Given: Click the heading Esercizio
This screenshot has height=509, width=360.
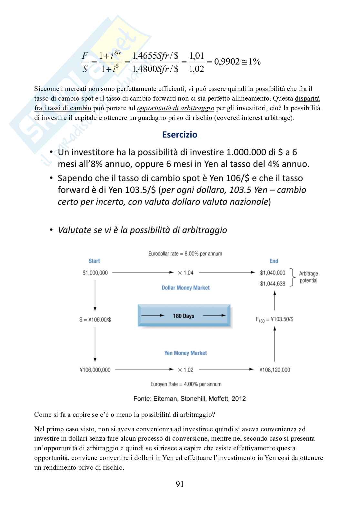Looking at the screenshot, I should [180, 134].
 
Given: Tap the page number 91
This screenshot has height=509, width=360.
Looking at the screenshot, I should [180, 484].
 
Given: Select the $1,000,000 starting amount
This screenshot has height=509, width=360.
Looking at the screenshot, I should [95, 273].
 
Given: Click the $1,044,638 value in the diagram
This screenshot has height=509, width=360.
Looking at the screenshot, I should [273, 284].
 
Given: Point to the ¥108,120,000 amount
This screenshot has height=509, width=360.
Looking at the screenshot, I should [275, 370].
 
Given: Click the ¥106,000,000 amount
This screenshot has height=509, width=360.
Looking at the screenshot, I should [95, 370].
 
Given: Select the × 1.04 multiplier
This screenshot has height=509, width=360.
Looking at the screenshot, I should [185, 273].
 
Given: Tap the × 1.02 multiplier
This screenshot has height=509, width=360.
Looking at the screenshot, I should [185, 370].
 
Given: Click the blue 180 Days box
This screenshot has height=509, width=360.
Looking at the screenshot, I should [184, 316].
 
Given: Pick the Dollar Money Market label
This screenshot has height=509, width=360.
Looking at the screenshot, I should [185, 288].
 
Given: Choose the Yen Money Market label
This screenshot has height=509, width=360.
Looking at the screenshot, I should [185, 353].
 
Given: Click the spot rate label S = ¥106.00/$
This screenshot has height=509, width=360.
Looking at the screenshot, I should [95, 319].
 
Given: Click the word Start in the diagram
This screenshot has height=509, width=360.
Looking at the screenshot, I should [94, 261].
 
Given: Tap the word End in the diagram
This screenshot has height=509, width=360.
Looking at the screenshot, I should [274, 261].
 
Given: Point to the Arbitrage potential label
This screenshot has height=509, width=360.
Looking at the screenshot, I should [308, 277].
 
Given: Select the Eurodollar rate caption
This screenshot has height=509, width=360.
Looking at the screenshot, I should [185, 254].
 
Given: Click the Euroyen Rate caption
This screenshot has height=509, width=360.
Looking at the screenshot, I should [186, 384].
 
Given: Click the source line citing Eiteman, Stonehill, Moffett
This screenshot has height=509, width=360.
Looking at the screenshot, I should [190, 399].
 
